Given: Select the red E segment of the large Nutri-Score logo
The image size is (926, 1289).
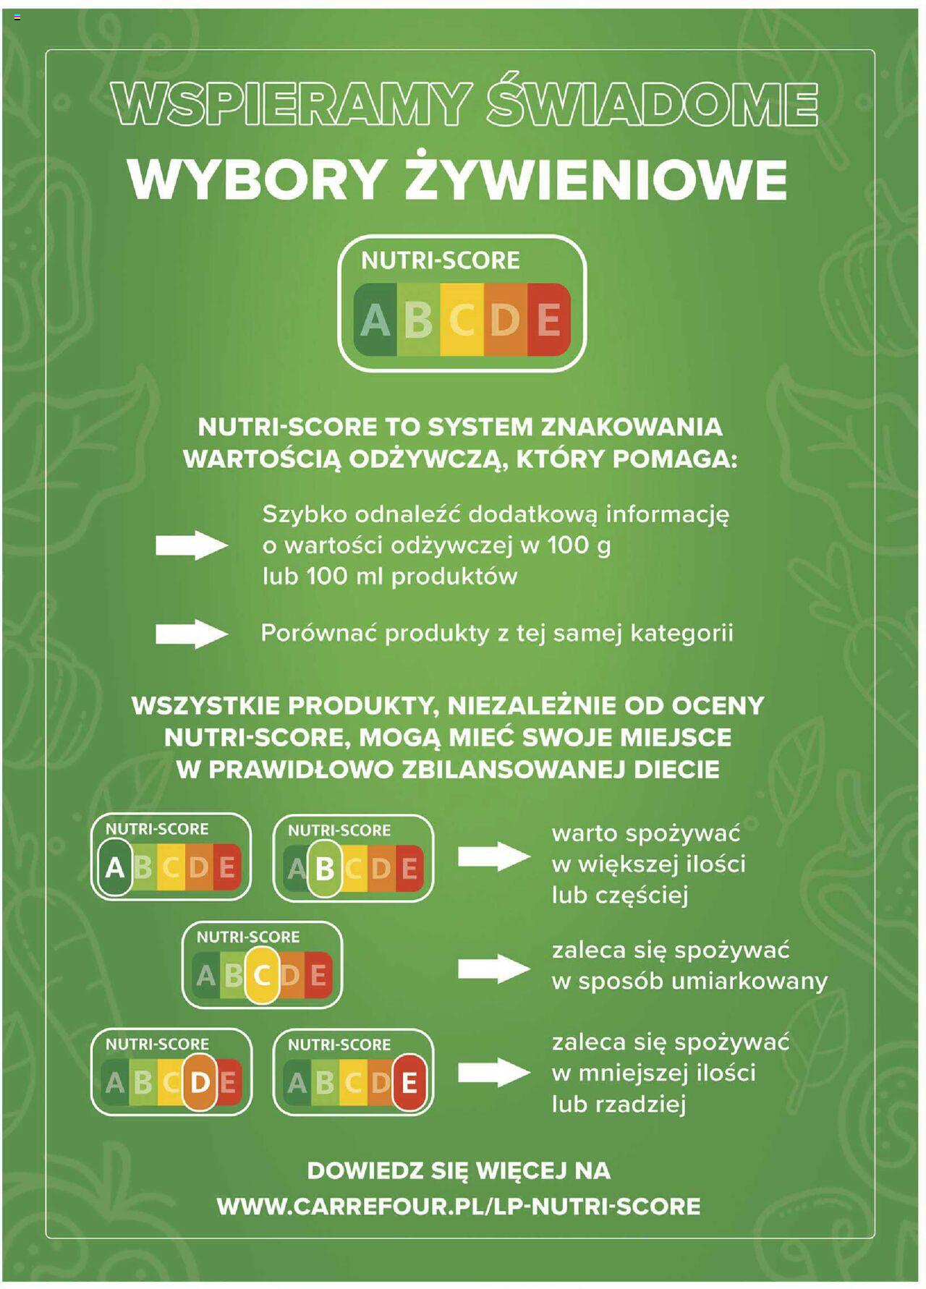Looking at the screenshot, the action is pos(549,320).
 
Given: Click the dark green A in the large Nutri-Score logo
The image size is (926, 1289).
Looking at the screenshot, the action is pos(375,320).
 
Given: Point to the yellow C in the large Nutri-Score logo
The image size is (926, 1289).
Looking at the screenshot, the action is pos(462,320).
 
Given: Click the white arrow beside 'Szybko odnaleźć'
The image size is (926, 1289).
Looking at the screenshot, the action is pos(192,545).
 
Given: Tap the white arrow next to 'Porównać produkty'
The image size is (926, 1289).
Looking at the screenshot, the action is pos(192,634).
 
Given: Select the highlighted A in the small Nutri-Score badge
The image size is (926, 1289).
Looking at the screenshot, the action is pos(114,867).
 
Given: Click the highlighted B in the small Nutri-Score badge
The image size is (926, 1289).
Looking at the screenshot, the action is pos(325,868).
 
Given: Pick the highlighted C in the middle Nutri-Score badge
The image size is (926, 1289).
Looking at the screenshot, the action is pos(262,975).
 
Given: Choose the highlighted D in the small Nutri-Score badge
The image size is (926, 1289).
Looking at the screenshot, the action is pos(200,1082).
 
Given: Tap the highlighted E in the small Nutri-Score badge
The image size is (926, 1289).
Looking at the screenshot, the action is pos(409,1083).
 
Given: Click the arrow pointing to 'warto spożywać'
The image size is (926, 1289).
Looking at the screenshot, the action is pos(494,857).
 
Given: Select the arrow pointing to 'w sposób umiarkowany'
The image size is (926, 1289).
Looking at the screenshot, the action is pos(494,969).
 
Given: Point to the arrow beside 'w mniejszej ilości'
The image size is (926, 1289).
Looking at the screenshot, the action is pos(494,1072).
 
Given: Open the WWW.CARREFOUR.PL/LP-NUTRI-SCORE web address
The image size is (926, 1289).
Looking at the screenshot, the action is pos(459,1207).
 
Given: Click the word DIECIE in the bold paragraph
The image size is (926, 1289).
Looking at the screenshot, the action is pos(676,769).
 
